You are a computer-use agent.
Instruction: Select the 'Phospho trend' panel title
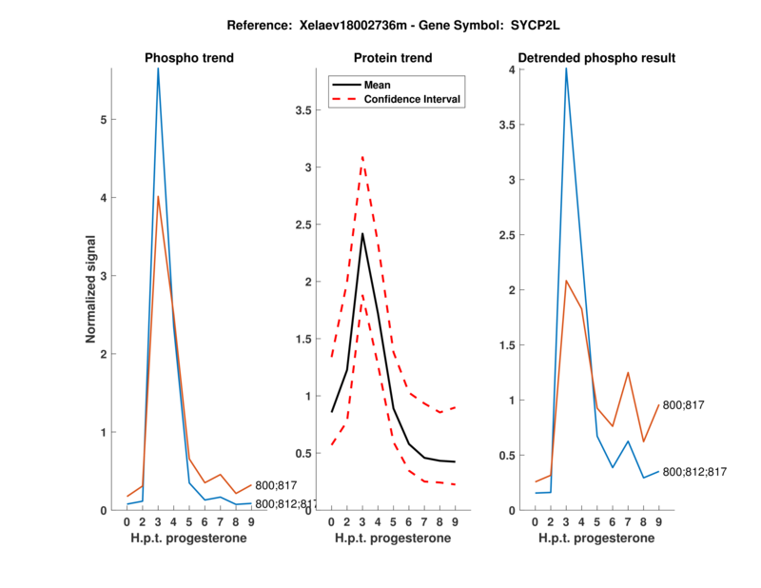point(189,58)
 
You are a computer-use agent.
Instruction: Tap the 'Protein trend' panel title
point(392,58)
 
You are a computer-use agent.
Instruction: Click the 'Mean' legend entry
point(378,85)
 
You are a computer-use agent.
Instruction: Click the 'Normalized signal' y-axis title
point(91,288)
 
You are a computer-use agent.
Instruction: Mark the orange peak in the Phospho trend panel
point(159,197)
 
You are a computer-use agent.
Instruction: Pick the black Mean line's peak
point(362,233)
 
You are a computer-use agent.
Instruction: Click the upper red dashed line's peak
point(362,156)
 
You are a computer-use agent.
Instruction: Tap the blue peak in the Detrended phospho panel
point(566,69)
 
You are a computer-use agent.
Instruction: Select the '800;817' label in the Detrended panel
point(682,405)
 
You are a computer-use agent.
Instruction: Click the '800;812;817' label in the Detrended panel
point(694,472)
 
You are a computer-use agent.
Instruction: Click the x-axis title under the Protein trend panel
point(393,539)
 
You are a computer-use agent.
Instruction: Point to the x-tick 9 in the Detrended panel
point(658,521)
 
